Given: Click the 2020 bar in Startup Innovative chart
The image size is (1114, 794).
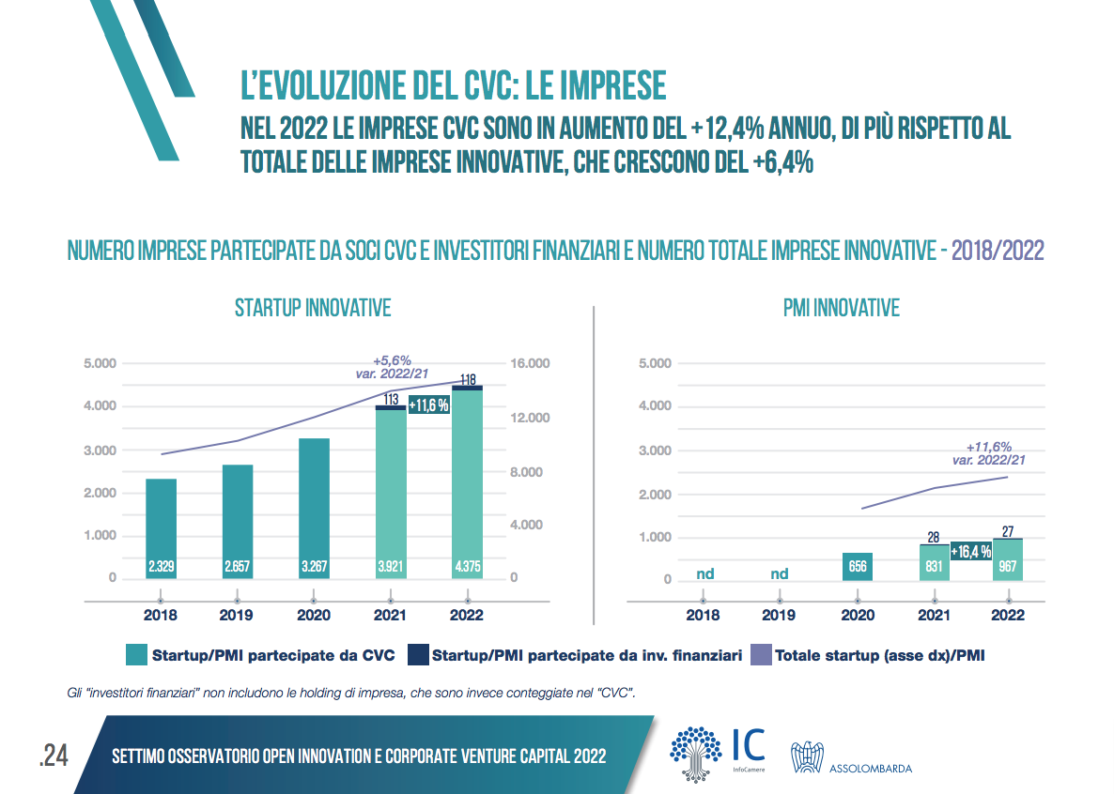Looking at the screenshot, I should pyautogui.click(x=314, y=507).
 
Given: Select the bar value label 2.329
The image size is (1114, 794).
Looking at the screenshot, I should pyautogui.click(x=161, y=567).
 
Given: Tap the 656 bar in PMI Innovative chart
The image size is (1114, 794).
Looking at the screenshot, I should pyautogui.click(x=857, y=566).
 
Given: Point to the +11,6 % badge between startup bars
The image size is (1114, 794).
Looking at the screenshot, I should pyautogui.click(x=428, y=405).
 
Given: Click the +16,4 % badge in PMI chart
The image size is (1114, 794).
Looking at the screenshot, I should pyautogui.click(x=970, y=552).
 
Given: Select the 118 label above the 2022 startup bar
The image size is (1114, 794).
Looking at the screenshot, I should pyautogui.click(x=467, y=380).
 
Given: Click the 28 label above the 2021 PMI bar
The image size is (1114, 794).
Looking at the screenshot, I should pyautogui.click(x=933, y=538).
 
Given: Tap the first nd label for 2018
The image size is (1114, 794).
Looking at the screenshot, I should pyautogui.click(x=704, y=573).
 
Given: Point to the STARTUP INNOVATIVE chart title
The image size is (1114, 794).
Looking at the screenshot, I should pyautogui.click(x=313, y=308).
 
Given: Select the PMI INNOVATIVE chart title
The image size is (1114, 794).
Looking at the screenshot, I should pyautogui.click(x=841, y=308).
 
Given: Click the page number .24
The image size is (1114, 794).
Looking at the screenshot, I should pyautogui.click(x=54, y=756).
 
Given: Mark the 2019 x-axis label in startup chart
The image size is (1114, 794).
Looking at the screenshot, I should pyautogui.click(x=237, y=616).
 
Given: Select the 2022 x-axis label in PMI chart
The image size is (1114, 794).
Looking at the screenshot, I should pyautogui.click(x=1008, y=616).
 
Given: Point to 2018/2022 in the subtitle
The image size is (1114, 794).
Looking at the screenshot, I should pyautogui.click(x=998, y=252).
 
